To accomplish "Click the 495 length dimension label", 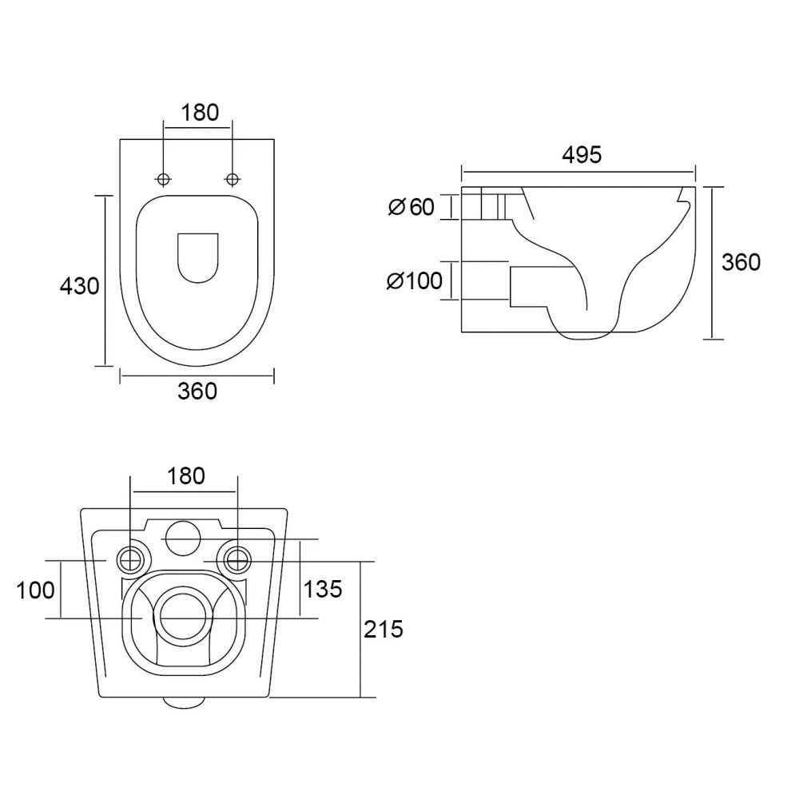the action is tap(582, 154).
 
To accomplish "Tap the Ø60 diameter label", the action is tap(411, 207).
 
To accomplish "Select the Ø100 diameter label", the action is tap(414, 280).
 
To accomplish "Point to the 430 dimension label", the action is tap(79, 286).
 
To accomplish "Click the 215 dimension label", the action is tap(384, 630).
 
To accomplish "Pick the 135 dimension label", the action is tap(323, 589).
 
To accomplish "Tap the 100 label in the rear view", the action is tap(36, 590).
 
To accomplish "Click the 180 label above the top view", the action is tap(199, 112).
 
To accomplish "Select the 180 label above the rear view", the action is tap(186, 476).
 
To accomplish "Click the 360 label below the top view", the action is tap(197, 392).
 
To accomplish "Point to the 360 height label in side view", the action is tap(741, 262).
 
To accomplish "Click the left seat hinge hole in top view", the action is tap(164, 179).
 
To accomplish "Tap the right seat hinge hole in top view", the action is tap(232, 179).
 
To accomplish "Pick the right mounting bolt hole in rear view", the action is tap(237, 560).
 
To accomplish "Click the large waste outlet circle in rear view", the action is tap(184, 615).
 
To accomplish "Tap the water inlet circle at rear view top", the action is tap(184, 538).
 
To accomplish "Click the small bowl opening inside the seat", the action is tap(197, 258).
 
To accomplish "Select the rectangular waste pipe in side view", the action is tap(529, 287).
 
